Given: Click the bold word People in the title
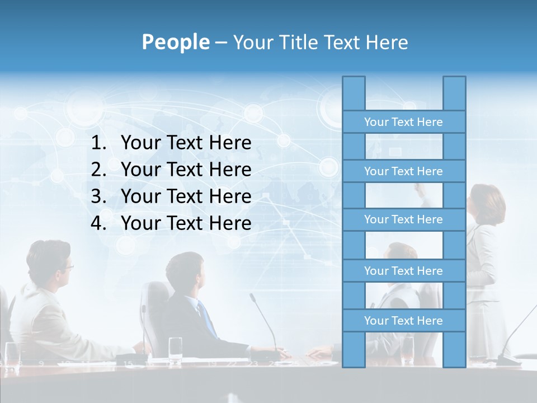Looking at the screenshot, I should [x=175, y=42].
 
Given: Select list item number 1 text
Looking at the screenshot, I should [x=186, y=143].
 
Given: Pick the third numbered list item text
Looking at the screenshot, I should [x=186, y=196].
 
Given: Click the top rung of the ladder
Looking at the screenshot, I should [x=403, y=122].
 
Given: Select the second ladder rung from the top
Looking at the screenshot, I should [x=403, y=171].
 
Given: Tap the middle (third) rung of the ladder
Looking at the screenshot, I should [x=403, y=220].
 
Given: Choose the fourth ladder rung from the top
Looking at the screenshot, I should [x=403, y=271].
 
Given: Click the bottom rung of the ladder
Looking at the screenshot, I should [x=403, y=321].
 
